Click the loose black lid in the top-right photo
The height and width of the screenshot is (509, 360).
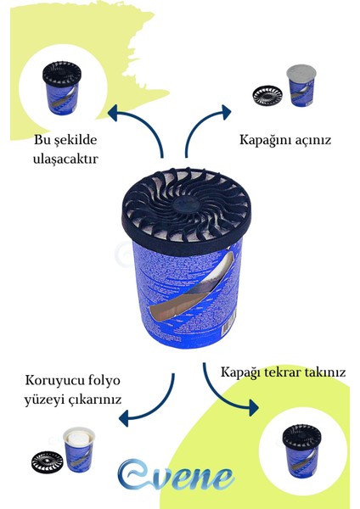pos(267,92)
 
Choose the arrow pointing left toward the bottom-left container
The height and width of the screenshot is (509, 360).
pos(149,399)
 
